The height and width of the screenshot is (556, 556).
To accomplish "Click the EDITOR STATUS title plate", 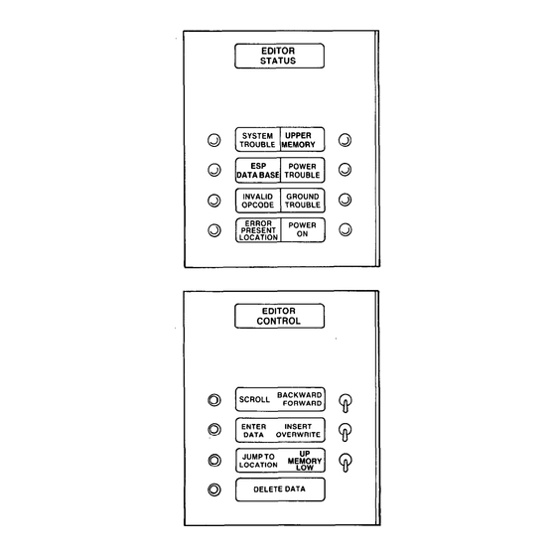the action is (x=279, y=56).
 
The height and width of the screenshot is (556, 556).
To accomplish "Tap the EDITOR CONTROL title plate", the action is (x=279, y=316).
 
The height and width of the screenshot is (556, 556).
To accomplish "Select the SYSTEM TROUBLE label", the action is (x=257, y=140).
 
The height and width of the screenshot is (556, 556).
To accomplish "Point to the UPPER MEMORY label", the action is (x=298, y=140).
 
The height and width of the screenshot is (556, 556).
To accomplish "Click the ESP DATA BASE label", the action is (x=258, y=171).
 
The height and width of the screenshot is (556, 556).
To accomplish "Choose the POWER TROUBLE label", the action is (x=302, y=171).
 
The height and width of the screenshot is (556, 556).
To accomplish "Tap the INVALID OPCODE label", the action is (x=258, y=201).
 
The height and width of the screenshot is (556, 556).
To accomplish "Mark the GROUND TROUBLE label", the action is (x=303, y=201).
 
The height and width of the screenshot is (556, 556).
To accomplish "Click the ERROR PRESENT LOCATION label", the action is (x=258, y=230).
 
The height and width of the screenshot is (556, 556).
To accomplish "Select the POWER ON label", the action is (x=302, y=229).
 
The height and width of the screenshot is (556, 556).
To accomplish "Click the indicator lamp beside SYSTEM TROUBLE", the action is (x=213, y=140).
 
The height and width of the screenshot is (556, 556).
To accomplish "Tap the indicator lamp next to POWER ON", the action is (x=346, y=229).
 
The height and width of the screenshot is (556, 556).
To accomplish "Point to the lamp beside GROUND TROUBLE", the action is (x=346, y=200).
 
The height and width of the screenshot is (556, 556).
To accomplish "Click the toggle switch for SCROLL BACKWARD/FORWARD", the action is (x=346, y=403).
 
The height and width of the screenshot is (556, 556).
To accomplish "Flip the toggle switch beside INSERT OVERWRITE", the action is (x=346, y=432).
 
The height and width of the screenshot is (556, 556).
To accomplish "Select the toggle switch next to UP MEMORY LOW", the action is (x=346, y=463).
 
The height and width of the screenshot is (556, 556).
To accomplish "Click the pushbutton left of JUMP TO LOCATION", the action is (x=214, y=461).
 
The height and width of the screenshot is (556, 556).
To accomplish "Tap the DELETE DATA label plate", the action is (x=280, y=489).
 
